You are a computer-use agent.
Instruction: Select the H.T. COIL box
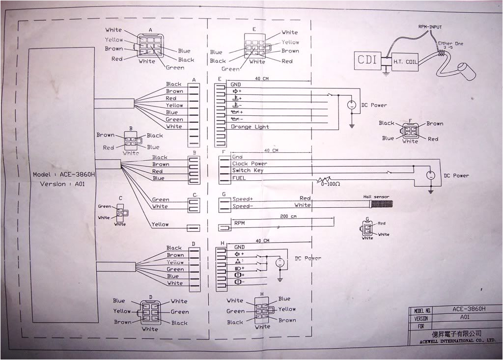[x=403, y=62]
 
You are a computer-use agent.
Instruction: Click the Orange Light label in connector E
[x=250, y=127]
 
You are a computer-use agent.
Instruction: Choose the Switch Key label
[x=248, y=170]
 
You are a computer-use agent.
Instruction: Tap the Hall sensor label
[x=376, y=197]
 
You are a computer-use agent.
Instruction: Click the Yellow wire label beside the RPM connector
[x=160, y=224]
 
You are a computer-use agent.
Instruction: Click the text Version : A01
[x=61, y=184]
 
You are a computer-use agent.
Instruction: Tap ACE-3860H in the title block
[x=469, y=309]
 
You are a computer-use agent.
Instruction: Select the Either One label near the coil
[x=451, y=44]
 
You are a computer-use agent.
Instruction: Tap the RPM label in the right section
[x=240, y=222]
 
